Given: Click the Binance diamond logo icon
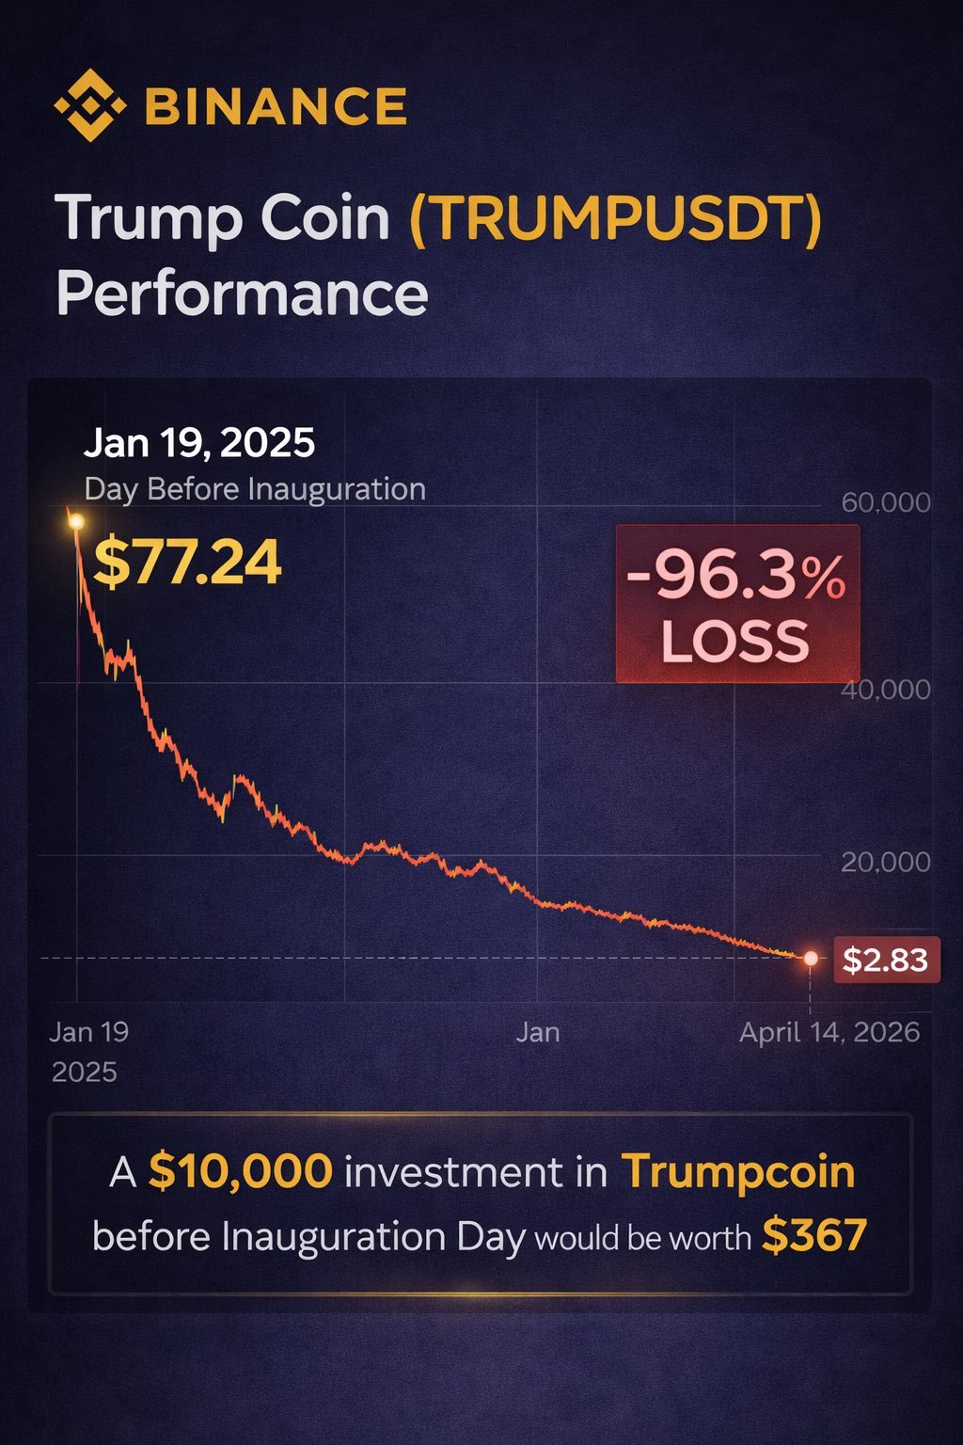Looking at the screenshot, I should [89, 105].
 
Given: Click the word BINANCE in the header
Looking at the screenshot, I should [276, 106].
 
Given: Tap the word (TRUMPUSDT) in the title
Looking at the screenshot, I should [616, 218].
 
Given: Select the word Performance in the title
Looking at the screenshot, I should [242, 294].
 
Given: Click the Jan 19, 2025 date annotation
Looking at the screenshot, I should [199, 443].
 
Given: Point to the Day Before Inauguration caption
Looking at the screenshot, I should [255, 489].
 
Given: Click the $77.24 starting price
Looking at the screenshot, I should [188, 563].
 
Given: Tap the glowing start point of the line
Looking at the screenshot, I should [76, 521].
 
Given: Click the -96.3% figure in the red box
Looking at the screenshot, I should [735, 575].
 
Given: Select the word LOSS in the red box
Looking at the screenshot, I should [735, 642].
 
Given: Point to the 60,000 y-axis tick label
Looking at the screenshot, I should [886, 502].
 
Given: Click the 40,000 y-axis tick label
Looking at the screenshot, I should [886, 690].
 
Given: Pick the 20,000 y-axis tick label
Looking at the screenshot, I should [886, 862].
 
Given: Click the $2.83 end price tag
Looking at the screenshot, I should [885, 961].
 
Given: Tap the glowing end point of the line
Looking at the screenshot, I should [811, 959].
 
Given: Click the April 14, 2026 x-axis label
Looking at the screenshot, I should [829, 1033].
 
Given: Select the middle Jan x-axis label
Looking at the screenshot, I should [538, 1033].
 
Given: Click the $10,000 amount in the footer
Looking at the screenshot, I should [241, 1172].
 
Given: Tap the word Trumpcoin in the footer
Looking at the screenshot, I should [738, 1172].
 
